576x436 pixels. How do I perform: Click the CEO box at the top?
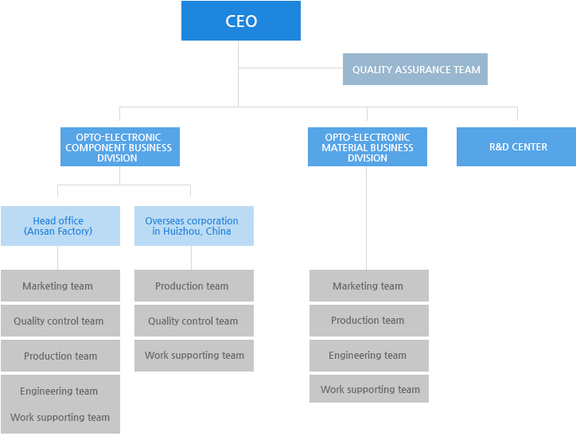(x=241, y=21)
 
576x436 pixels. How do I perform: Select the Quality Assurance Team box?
(x=415, y=69)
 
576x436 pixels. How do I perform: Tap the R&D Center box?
(x=516, y=146)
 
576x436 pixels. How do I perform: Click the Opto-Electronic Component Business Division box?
(x=119, y=147)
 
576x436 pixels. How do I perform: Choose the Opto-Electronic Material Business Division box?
(x=367, y=147)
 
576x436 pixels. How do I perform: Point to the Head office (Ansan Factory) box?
(x=60, y=226)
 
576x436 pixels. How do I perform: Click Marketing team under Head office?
(x=60, y=286)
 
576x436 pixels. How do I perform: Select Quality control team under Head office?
(x=60, y=321)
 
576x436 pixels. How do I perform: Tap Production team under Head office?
(x=60, y=356)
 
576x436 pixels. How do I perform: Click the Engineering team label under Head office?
(x=59, y=391)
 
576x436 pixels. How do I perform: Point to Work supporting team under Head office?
(x=60, y=417)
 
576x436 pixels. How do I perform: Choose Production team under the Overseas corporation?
(x=193, y=286)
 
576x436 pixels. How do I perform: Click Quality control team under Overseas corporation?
(x=193, y=321)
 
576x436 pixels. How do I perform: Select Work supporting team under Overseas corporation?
(x=193, y=355)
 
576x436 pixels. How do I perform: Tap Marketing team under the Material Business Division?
(x=368, y=286)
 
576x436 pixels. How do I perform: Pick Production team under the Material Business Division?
(x=368, y=320)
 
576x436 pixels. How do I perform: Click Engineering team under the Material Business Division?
(x=368, y=355)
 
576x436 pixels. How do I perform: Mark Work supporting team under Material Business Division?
(x=368, y=389)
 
